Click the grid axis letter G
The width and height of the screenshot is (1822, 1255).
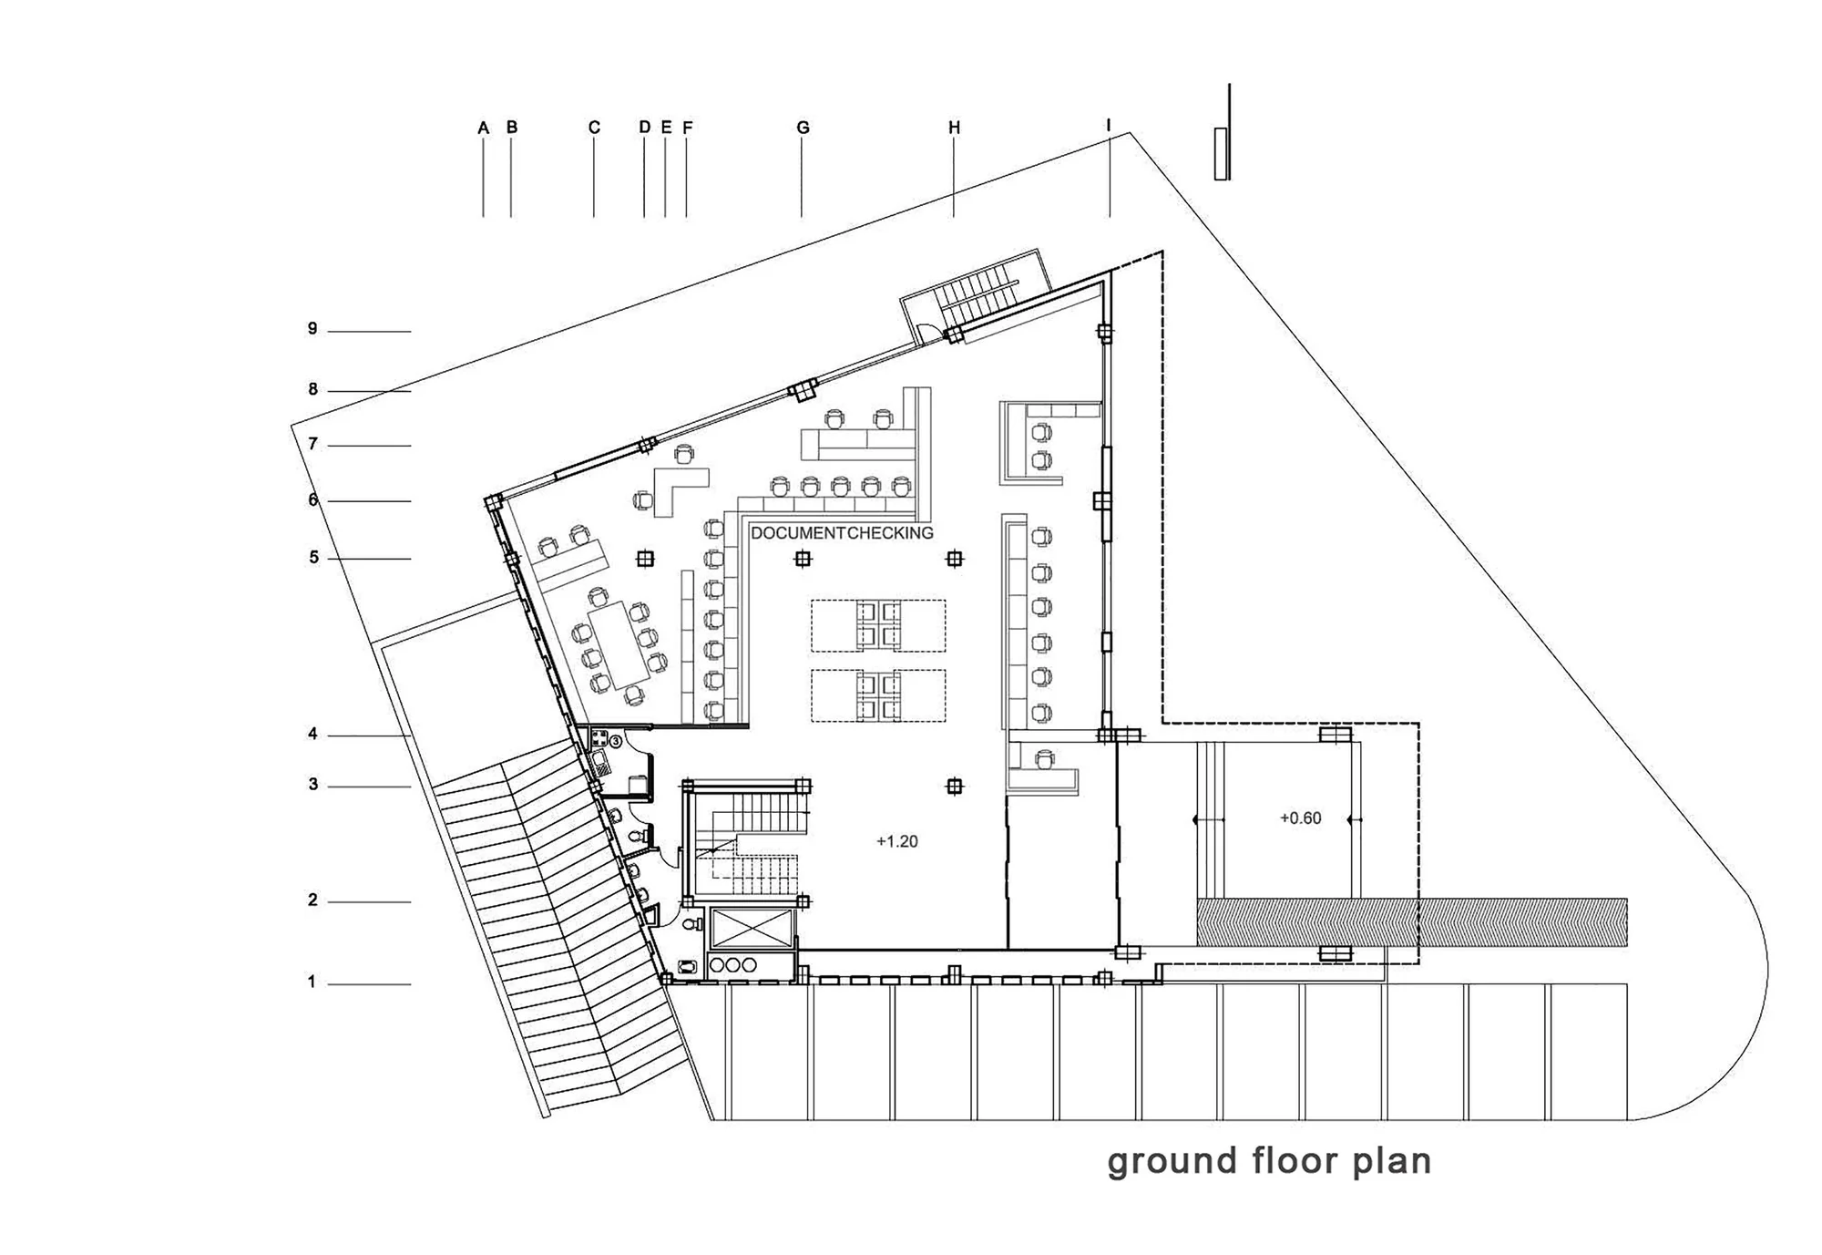tap(803, 128)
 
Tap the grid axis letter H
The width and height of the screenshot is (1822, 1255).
tap(955, 128)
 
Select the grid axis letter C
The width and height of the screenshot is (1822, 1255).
tap(594, 128)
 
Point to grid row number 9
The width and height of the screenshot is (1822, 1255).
tap(312, 329)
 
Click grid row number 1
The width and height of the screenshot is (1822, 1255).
tap(312, 982)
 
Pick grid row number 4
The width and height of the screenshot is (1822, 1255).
tap(312, 734)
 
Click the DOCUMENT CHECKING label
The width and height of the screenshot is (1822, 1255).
tap(842, 533)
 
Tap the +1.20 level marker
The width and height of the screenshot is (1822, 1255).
tap(897, 841)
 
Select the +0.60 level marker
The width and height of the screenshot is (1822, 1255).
tap(1300, 818)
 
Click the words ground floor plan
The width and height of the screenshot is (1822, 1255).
tap(1269, 1162)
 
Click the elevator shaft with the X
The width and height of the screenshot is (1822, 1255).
tap(752, 928)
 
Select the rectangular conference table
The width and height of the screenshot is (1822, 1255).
tap(619, 644)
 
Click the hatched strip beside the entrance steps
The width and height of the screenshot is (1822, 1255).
tap(1411, 921)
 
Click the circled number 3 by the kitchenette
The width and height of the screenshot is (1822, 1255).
tap(616, 742)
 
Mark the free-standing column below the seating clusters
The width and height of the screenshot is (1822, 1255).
tap(955, 786)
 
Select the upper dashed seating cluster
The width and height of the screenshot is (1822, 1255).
tap(878, 625)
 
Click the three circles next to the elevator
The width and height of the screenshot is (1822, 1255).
tap(732, 965)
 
